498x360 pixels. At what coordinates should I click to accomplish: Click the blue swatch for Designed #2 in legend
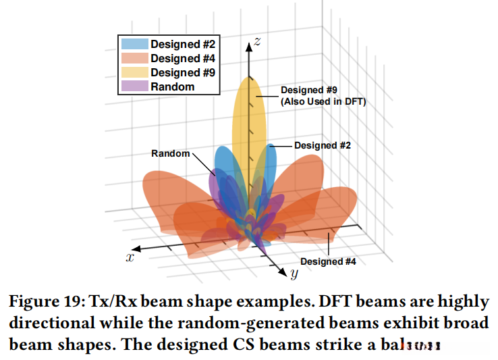point(134,45)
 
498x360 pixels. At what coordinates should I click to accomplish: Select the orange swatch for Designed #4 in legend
point(134,59)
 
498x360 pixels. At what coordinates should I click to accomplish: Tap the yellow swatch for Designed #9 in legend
point(134,72)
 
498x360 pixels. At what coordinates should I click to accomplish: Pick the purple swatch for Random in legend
point(134,86)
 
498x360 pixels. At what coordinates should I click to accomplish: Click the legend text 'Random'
point(172,86)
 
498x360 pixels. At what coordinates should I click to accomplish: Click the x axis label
point(129,257)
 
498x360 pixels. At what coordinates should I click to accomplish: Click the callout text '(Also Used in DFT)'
point(322,101)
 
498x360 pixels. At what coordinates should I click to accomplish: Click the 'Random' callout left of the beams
point(170,154)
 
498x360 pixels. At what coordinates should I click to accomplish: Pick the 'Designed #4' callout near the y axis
point(328,261)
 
